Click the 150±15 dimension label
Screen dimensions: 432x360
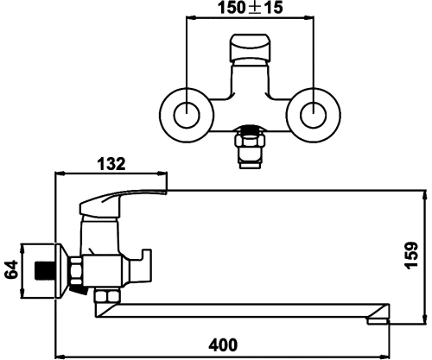pyautogui.click(x=250, y=8)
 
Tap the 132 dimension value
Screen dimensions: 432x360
pyautogui.click(x=111, y=164)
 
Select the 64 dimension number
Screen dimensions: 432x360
pyautogui.click(x=11, y=269)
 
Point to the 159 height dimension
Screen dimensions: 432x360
pyautogui.click(x=411, y=256)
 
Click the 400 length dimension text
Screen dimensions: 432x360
pyautogui.click(x=223, y=344)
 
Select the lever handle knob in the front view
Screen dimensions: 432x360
pyautogui.click(x=250, y=47)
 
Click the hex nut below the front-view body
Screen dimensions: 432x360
pyautogui.click(x=250, y=141)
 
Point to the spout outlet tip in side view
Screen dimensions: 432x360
pyautogui.click(x=378, y=321)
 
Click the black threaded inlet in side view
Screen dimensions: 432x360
pyautogui.click(x=45, y=270)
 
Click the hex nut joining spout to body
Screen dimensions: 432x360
pyautogui.click(x=107, y=296)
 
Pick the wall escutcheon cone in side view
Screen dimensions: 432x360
pyautogui.click(x=62, y=270)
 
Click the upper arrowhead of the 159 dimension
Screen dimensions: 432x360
pyautogui.click(x=424, y=196)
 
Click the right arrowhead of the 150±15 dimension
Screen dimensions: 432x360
pyautogui.click(x=308, y=18)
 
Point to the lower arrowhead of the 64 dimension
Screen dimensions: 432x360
pyautogui.click(x=22, y=294)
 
